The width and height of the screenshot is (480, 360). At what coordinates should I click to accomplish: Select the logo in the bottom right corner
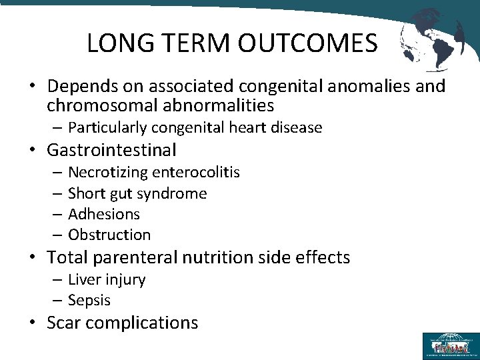coord(450,346)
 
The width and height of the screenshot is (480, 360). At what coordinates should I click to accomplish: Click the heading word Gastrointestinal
coord(112,150)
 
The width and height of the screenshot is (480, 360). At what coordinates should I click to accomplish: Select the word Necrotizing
coord(108,173)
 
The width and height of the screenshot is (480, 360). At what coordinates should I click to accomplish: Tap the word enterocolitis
coord(196,173)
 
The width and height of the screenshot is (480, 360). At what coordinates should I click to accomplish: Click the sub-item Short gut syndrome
coord(137,193)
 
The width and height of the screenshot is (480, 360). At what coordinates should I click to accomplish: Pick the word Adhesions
coord(104,214)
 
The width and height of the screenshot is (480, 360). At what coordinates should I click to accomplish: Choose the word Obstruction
coord(109,235)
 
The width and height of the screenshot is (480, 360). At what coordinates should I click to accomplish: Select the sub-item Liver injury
coord(107,280)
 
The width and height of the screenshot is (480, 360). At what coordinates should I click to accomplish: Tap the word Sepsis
coord(89,301)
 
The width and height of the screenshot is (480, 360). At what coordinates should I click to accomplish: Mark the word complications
coord(142,323)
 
